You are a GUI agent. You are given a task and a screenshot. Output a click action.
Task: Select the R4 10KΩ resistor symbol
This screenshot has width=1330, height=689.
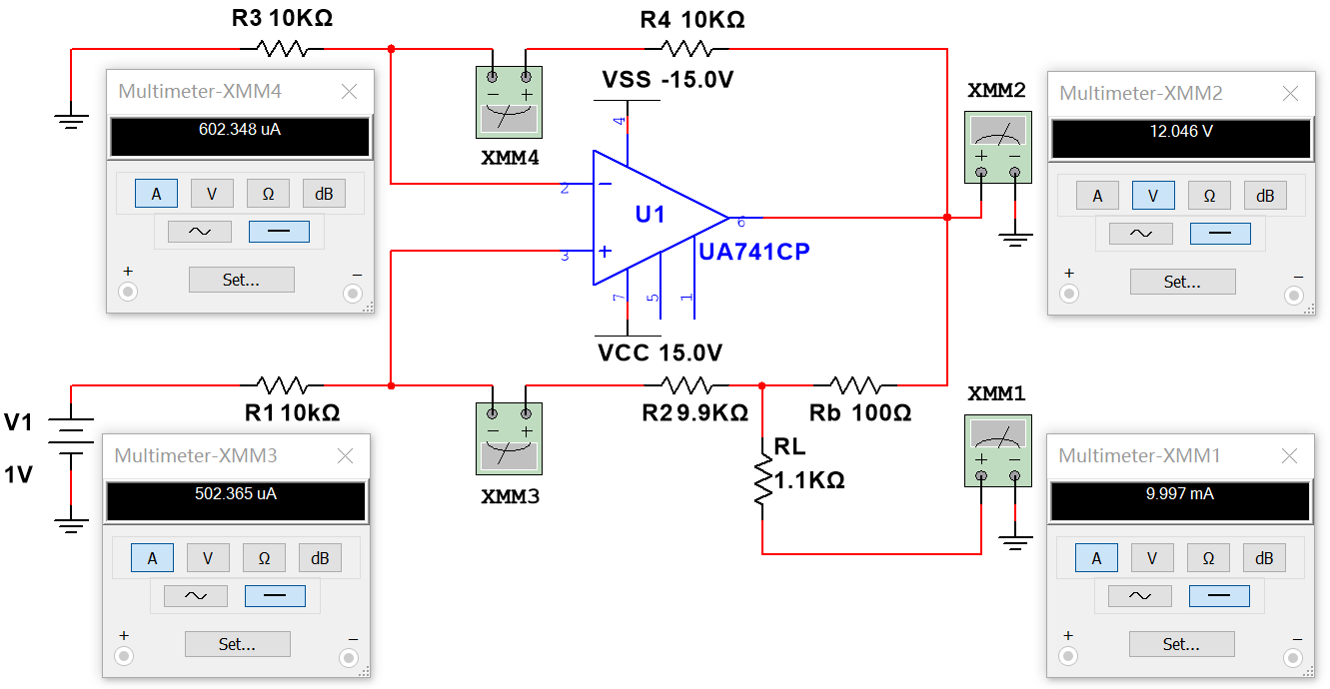point(686,48)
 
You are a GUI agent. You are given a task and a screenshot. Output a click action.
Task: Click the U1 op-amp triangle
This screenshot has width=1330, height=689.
point(650,218)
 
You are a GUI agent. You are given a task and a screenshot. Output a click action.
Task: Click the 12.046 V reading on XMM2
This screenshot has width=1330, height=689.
point(1180,131)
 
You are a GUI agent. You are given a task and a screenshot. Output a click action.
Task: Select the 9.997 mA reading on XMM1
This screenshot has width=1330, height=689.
point(1180,493)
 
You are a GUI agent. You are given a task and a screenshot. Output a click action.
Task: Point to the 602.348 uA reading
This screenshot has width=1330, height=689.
point(240,129)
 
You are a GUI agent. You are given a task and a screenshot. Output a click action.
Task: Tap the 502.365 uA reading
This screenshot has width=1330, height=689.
point(236,493)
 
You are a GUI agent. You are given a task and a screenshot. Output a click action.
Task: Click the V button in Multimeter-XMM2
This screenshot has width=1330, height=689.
point(1153,196)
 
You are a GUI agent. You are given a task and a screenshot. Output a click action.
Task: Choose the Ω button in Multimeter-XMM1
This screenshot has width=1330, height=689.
point(1209,559)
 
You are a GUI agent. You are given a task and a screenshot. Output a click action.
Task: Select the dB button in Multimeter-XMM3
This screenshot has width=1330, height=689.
point(320,559)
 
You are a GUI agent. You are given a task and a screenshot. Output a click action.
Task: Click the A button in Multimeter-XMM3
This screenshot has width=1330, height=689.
point(152,559)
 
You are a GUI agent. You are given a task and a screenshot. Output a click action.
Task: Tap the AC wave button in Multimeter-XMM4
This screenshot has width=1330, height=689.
point(200,232)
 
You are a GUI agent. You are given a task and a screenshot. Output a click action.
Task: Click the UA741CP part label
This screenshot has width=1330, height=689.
point(753,252)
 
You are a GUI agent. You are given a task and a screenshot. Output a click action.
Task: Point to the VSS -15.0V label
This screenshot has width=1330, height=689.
point(667,80)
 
